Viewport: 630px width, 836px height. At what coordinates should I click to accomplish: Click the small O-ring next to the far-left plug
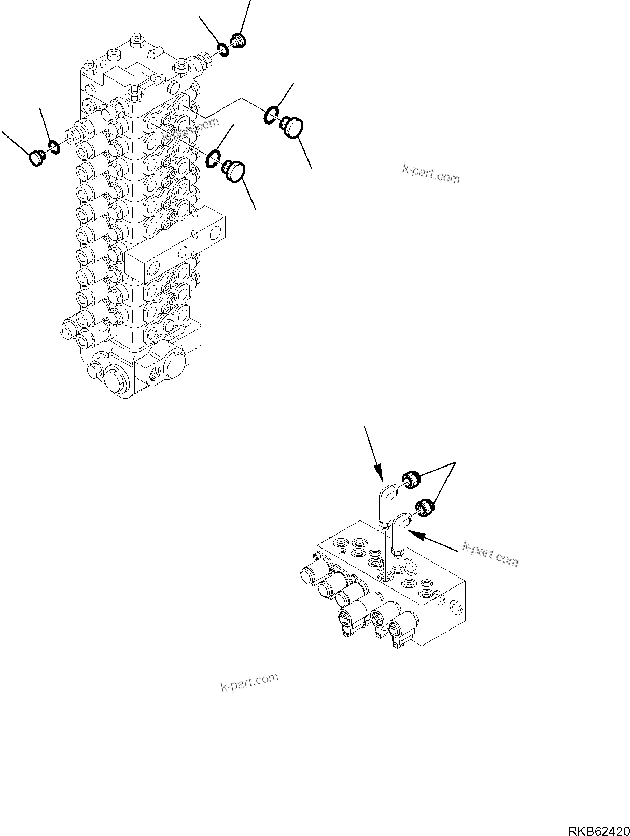point(54,147)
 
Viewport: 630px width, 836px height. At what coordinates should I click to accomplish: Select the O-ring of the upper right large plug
point(271,115)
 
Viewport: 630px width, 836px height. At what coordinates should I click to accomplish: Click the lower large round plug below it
point(235,172)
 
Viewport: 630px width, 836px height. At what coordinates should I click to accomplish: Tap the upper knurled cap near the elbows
point(411,478)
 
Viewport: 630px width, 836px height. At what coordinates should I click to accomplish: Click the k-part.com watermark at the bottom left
point(249,682)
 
